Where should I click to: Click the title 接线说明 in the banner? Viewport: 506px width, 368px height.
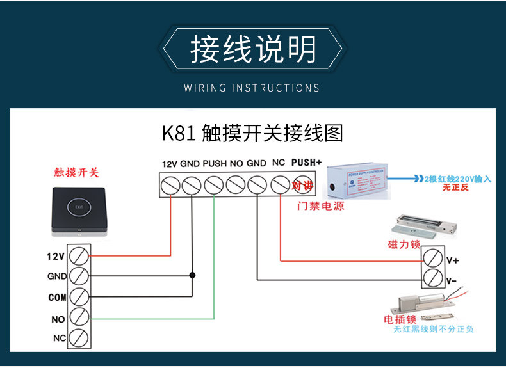253,49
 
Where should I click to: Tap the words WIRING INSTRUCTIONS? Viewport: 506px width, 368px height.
252,88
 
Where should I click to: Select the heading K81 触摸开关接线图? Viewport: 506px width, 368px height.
252,133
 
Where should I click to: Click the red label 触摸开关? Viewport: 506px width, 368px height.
77,173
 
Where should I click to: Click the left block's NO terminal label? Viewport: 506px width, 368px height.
58,318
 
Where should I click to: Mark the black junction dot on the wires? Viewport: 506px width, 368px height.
192,275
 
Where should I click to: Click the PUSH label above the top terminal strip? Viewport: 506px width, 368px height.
215,164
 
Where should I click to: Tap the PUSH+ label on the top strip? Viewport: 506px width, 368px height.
306,163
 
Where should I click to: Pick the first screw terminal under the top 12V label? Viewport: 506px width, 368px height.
170,185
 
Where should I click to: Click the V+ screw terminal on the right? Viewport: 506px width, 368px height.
432,258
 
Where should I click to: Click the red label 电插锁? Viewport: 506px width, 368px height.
400,319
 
